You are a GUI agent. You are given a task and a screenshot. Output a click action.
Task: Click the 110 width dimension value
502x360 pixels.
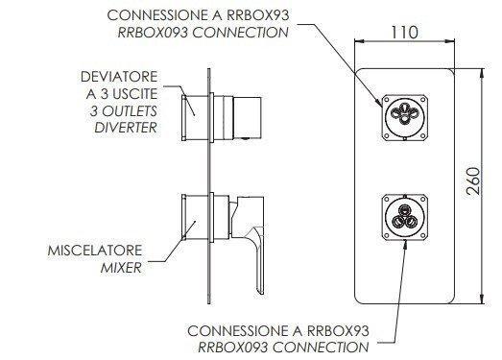click(x=404, y=33)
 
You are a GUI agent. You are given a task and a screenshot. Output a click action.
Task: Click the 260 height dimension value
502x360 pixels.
click(x=473, y=181)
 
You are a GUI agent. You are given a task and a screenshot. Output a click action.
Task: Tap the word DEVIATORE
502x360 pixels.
click(x=119, y=77)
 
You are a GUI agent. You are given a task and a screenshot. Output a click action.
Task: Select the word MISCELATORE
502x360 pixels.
click(x=95, y=251)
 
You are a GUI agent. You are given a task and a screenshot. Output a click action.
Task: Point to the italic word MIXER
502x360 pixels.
click(x=121, y=268)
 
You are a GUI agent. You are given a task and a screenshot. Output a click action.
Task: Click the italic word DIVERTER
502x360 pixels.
click(x=126, y=128)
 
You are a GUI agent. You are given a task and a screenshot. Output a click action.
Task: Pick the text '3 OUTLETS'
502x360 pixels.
click(x=124, y=111)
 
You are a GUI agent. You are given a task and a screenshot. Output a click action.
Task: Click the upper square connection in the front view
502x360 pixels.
click(x=405, y=117)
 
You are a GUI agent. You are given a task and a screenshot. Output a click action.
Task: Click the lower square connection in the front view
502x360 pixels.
click(x=405, y=217)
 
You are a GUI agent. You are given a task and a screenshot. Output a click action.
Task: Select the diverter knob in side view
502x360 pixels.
click(x=247, y=118)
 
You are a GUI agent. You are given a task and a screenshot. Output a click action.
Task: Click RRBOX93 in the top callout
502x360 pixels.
click(x=258, y=15)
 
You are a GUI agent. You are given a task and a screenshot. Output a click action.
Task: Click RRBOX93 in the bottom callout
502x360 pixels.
click(x=339, y=331)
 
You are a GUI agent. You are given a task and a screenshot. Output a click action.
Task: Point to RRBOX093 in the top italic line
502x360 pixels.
click(x=153, y=33)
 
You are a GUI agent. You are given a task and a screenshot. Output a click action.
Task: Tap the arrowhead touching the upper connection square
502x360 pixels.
click(x=380, y=103)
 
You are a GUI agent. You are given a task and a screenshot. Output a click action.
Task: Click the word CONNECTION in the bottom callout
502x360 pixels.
click(x=321, y=348)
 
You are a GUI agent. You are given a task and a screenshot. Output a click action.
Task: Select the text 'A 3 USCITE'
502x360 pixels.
click(x=122, y=94)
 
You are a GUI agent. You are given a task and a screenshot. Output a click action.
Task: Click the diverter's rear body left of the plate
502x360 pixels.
click(x=195, y=118)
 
